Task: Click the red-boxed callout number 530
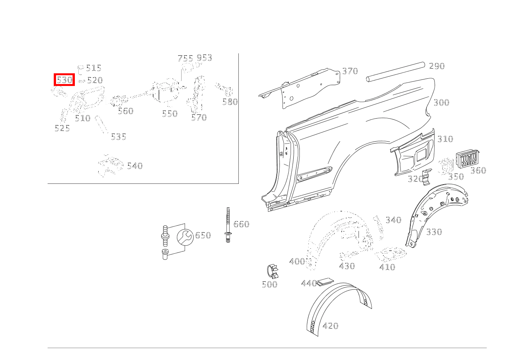[64, 80]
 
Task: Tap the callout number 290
[437, 66]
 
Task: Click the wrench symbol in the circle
[185, 237]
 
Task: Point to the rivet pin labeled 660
[228, 225]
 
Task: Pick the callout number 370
[350, 71]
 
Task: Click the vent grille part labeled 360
[467, 159]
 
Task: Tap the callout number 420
[331, 326]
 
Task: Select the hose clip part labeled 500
[273, 271]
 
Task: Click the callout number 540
[135, 166]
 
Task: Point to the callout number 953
[204, 58]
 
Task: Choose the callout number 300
[441, 102]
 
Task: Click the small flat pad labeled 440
[326, 282]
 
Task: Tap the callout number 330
[434, 232]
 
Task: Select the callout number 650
[203, 235]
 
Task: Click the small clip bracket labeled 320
[426, 177]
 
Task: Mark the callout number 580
[230, 102]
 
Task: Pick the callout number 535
[119, 137]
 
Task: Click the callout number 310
[445, 139]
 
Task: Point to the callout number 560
[126, 111]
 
